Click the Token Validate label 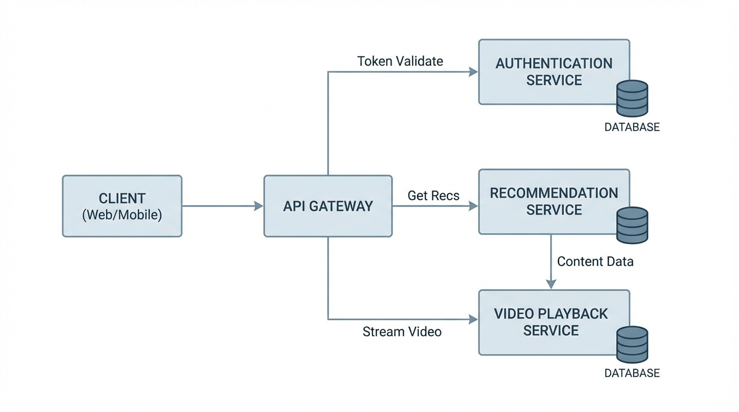point(400,61)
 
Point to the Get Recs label point(433,196)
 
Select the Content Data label point(595,262)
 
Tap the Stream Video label point(402,332)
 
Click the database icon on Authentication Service point(632,99)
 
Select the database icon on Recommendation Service point(632,225)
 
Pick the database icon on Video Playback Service point(632,344)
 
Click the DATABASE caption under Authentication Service point(632,128)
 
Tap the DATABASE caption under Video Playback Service point(632,373)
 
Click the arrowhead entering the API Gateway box point(258,206)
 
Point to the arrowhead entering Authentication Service point(473,72)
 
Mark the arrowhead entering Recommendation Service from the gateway point(473,206)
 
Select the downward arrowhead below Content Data point(550,284)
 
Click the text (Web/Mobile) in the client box point(122,215)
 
